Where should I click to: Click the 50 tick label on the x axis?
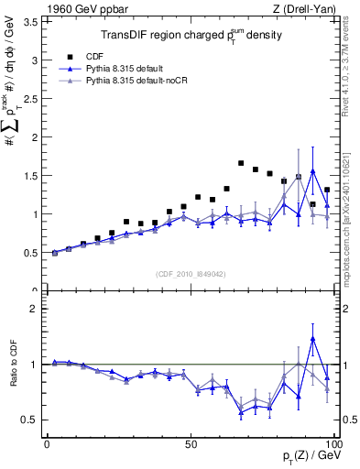tap(191, 443)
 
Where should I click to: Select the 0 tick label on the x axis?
tap(47, 443)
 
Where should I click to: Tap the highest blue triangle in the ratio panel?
tap(313, 339)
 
